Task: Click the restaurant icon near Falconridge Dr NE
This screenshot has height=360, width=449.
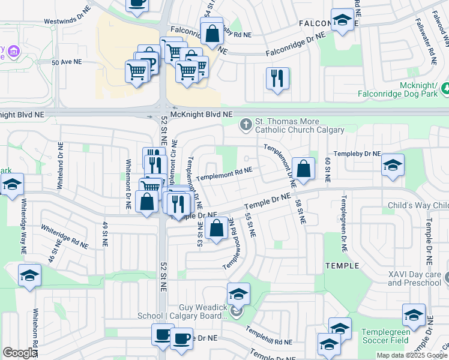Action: pyautogui.click(x=277, y=79)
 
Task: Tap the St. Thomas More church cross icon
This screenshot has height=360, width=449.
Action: pyautogui.click(x=245, y=125)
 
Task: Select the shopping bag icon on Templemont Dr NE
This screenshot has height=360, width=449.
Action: pyautogui.click(x=304, y=169)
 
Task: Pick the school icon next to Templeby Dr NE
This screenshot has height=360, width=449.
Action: pyautogui.click(x=393, y=166)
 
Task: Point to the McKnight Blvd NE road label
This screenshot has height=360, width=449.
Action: pyautogui.click(x=201, y=114)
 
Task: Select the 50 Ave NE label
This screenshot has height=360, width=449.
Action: pyautogui.click(x=67, y=62)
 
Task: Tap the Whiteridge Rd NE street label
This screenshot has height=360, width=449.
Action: pyautogui.click(x=65, y=237)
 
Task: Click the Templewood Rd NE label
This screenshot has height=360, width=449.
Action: pyautogui.click(x=231, y=251)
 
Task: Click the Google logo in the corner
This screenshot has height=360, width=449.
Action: pyautogui.click(x=19, y=353)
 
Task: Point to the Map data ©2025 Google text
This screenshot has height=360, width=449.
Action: pyautogui.click(x=412, y=355)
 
